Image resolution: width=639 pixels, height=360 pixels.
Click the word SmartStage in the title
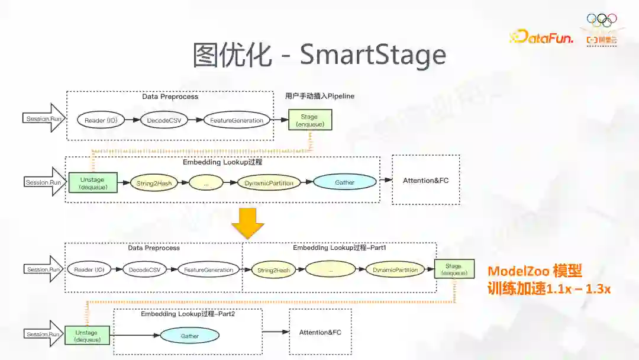[x=373, y=54]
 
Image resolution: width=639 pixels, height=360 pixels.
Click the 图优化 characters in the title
[x=232, y=54]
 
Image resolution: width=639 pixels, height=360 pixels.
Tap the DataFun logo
[x=541, y=37]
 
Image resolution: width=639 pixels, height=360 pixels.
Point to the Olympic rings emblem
[x=601, y=21]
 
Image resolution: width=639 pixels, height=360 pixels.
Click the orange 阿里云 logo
[x=601, y=40]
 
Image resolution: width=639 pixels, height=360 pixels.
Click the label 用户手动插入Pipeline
[x=319, y=96]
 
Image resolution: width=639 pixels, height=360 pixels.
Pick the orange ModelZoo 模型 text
[x=534, y=271]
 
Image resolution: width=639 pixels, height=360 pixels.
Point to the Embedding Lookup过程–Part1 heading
[x=339, y=248]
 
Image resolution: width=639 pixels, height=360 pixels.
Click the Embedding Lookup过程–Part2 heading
[x=188, y=314]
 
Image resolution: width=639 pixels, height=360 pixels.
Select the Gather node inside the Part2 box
[x=189, y=336]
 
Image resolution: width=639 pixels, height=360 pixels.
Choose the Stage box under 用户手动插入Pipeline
[x=309, y=120]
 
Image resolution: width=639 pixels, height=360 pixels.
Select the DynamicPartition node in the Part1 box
[x=395, y=270]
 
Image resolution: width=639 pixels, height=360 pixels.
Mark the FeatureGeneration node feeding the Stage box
[x=237, y=120]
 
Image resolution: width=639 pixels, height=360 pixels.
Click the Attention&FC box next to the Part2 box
[x=320, y=332]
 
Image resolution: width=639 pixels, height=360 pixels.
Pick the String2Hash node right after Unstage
[x=155, y=183]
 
